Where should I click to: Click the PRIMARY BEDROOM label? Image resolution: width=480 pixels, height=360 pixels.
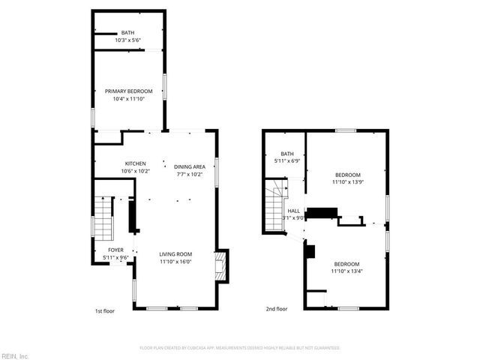pyautogui.click(x=127, y=91)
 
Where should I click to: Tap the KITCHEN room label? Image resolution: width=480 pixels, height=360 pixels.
pyautogui.click(x=135, y=163)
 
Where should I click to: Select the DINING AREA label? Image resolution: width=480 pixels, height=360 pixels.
pyautogui.click(x=190, y=166)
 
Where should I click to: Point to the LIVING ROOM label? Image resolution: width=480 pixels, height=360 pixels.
pyautogui.click(x=175, y=254)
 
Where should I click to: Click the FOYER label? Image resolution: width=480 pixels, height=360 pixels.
pyautogui.click(x=115, y=250)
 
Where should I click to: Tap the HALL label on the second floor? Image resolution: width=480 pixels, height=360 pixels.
pyautogui.click(x=293, y=211)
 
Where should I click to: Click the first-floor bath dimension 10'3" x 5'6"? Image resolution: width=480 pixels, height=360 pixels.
pyautogui.click(x=127, y=40)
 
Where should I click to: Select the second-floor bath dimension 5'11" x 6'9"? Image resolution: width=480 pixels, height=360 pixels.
pyautogui.click(x=286, y=160)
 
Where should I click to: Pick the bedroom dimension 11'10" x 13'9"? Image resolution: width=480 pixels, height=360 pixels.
pyautogui.click(x=347, y=181)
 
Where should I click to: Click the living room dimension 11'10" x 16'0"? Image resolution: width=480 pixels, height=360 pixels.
pyautogui.click(x=175, y=262)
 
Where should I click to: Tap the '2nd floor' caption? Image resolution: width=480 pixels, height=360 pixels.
pyautogui.click(x=276, y=309)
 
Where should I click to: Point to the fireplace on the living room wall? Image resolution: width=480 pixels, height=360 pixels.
pyautogui.click(x=220, y=263)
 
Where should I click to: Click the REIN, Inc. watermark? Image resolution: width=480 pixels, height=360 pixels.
pyautogui.click(x=15, y=355)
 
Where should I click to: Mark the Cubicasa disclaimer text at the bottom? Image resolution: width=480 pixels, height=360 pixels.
pyautogui.click(x=240, y=348)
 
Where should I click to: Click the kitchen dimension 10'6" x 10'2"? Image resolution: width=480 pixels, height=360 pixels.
pyautogui.click(x=135, y=171)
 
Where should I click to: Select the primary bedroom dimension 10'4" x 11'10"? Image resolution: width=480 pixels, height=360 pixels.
pyautogui.click(x=127, y=98)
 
